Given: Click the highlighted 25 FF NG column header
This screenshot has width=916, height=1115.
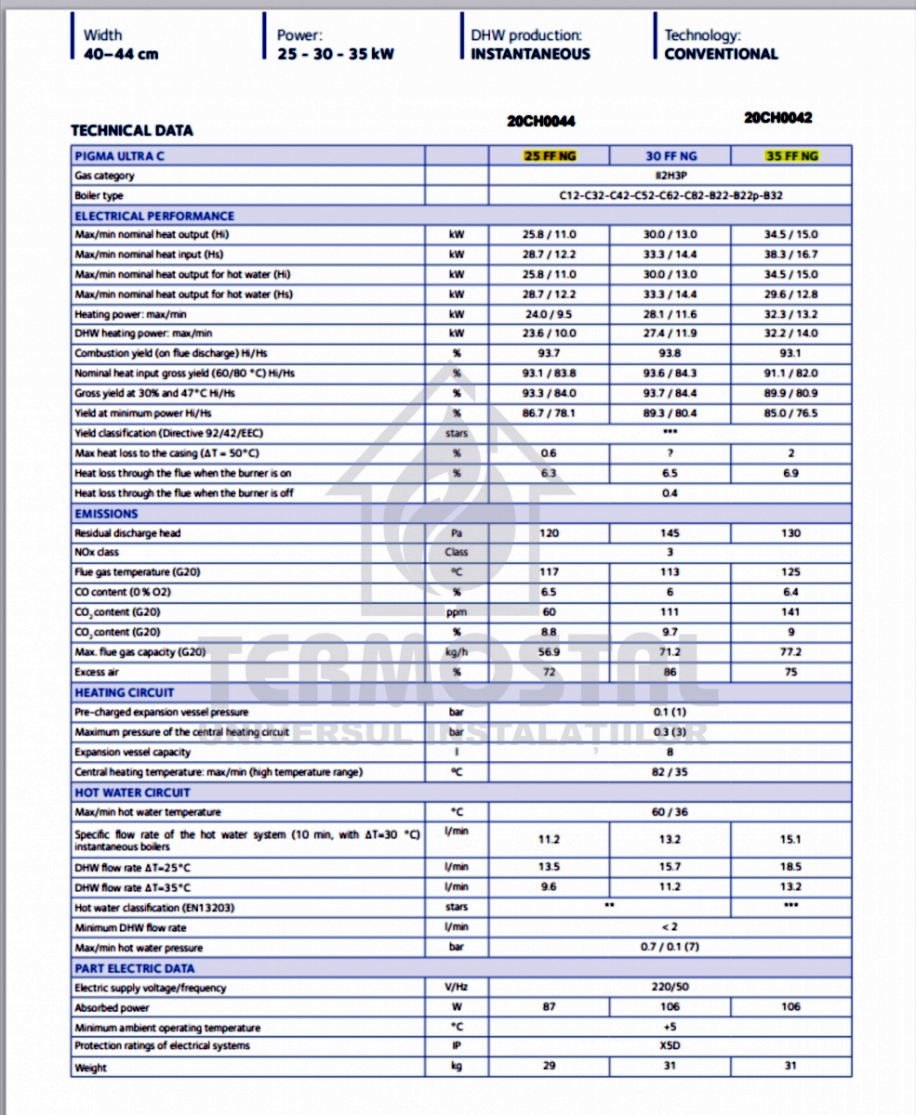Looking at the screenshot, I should (549, 156).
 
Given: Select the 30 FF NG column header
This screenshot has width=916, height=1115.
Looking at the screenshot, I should (670, 156).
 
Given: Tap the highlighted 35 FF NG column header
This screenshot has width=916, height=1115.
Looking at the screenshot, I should (790, 156).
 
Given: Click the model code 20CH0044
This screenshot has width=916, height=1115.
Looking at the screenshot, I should (541, 121).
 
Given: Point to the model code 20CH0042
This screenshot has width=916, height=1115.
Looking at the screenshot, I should (778, 118).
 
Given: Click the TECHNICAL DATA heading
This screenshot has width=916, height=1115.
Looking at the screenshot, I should (132, 131).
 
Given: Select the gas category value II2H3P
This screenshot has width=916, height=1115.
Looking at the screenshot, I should (670, 176).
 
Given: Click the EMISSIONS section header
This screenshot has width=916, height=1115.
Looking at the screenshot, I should (106, 514).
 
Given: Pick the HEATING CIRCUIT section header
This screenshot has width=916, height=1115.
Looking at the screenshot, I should (124, 692).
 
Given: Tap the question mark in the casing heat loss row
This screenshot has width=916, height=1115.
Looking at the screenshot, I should (670, 453).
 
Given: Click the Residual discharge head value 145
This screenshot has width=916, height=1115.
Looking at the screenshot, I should (670, 533).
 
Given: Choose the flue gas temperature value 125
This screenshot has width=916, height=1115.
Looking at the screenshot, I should (790, 572).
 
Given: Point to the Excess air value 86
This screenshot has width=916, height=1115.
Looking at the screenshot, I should (670, 672).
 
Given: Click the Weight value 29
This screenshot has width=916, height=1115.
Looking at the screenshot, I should (549, 1066).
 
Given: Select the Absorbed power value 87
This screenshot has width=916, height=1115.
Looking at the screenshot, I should (549, 1007).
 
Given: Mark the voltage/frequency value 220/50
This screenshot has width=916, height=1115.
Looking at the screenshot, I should (670, 987).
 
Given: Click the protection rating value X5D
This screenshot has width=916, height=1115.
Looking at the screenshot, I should (670, 1046).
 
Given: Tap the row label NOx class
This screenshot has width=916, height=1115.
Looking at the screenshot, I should (97, 552).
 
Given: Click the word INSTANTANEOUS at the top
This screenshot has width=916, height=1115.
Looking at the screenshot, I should (530, 54).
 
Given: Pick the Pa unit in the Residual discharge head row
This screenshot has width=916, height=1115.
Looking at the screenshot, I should (457, 533).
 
